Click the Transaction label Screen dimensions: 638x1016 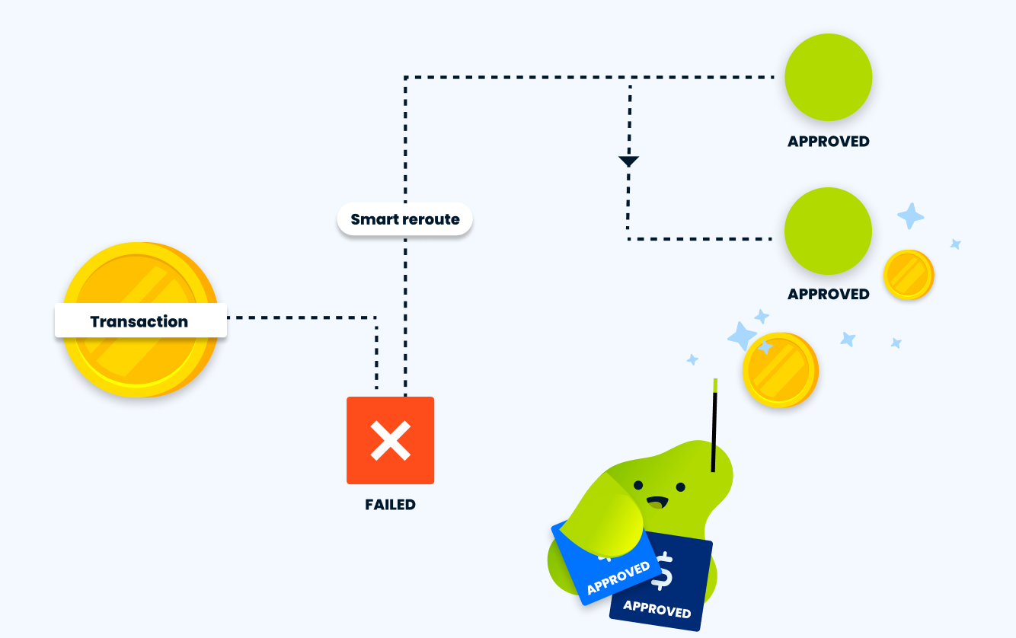pos(140,321)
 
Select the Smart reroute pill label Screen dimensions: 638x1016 pos(404,219)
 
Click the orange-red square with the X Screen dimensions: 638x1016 pos(390,440)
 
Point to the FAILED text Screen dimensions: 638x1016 pos(390,505)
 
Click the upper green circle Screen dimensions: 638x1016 pos(828,77)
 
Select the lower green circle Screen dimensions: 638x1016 pos(828,231)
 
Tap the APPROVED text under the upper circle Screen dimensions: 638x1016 pos(828,142)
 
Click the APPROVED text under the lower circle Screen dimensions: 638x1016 pos(828,294)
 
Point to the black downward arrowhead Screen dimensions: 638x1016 pos(628,161)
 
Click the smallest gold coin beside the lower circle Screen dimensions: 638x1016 pos(908,275)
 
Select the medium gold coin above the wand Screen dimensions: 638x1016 pos(779,369)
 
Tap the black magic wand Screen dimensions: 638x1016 pos(714,426)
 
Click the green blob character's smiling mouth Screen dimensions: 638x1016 pos(657,502)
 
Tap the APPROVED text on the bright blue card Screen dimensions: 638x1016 pos(618,578)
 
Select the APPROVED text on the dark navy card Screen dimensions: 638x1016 pos(657,609)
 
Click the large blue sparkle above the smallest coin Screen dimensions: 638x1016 pos(910,216)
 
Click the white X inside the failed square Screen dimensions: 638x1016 pos(390,440)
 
